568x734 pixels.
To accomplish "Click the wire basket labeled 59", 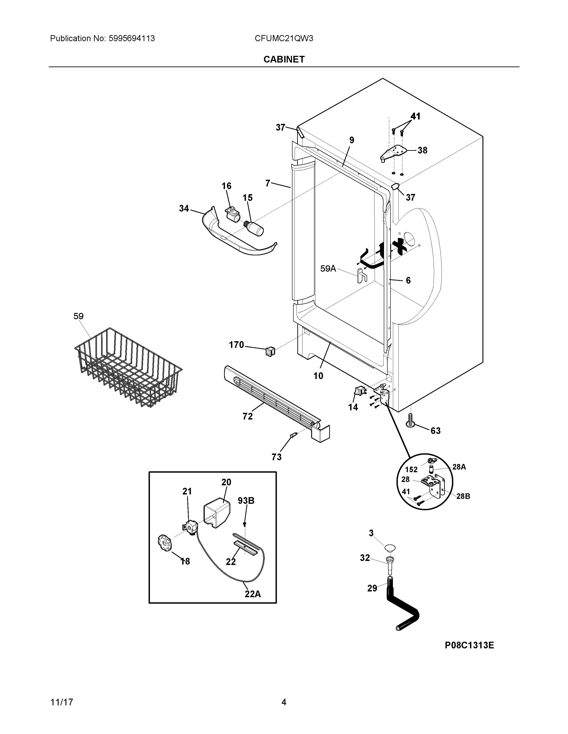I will click(x=128, y=368).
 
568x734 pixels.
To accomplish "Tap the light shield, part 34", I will click(x=235, y=237).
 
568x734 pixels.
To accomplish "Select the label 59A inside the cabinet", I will click(x=328, y=268).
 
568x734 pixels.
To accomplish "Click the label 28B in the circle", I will click(x=463, y=496).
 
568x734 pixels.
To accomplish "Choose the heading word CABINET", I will click(x=284, y=59).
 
